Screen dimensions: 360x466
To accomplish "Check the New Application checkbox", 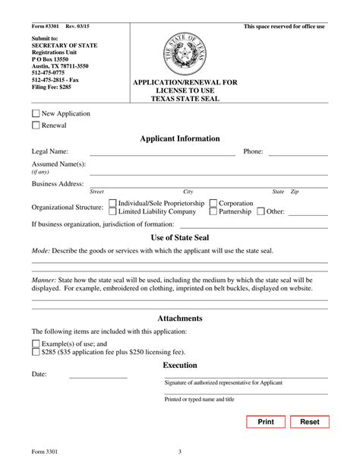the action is coord(36,114).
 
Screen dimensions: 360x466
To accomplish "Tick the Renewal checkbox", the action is coord(36,125).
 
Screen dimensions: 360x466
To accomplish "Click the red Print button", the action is coord(266,422).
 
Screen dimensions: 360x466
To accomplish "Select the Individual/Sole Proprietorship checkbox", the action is coord(113,203).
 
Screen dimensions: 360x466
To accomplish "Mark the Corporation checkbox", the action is coord(213,203).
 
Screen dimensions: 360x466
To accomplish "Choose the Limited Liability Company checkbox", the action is coord(113,212).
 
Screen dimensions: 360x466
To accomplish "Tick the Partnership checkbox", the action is coord(213,212).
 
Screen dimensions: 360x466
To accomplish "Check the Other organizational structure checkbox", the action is coord(261,212).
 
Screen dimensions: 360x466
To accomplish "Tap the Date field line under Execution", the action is coord(99,376).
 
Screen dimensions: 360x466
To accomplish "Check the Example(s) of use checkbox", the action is coord(36,344).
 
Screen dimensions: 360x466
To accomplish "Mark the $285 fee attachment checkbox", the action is coord(36,352).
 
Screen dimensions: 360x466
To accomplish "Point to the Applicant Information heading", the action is coord(180,139).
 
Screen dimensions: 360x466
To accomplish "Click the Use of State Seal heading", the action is coord(180,238).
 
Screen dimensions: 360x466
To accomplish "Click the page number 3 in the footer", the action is coord(180,453).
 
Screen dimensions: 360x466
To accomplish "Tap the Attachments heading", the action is coord(180,319).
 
